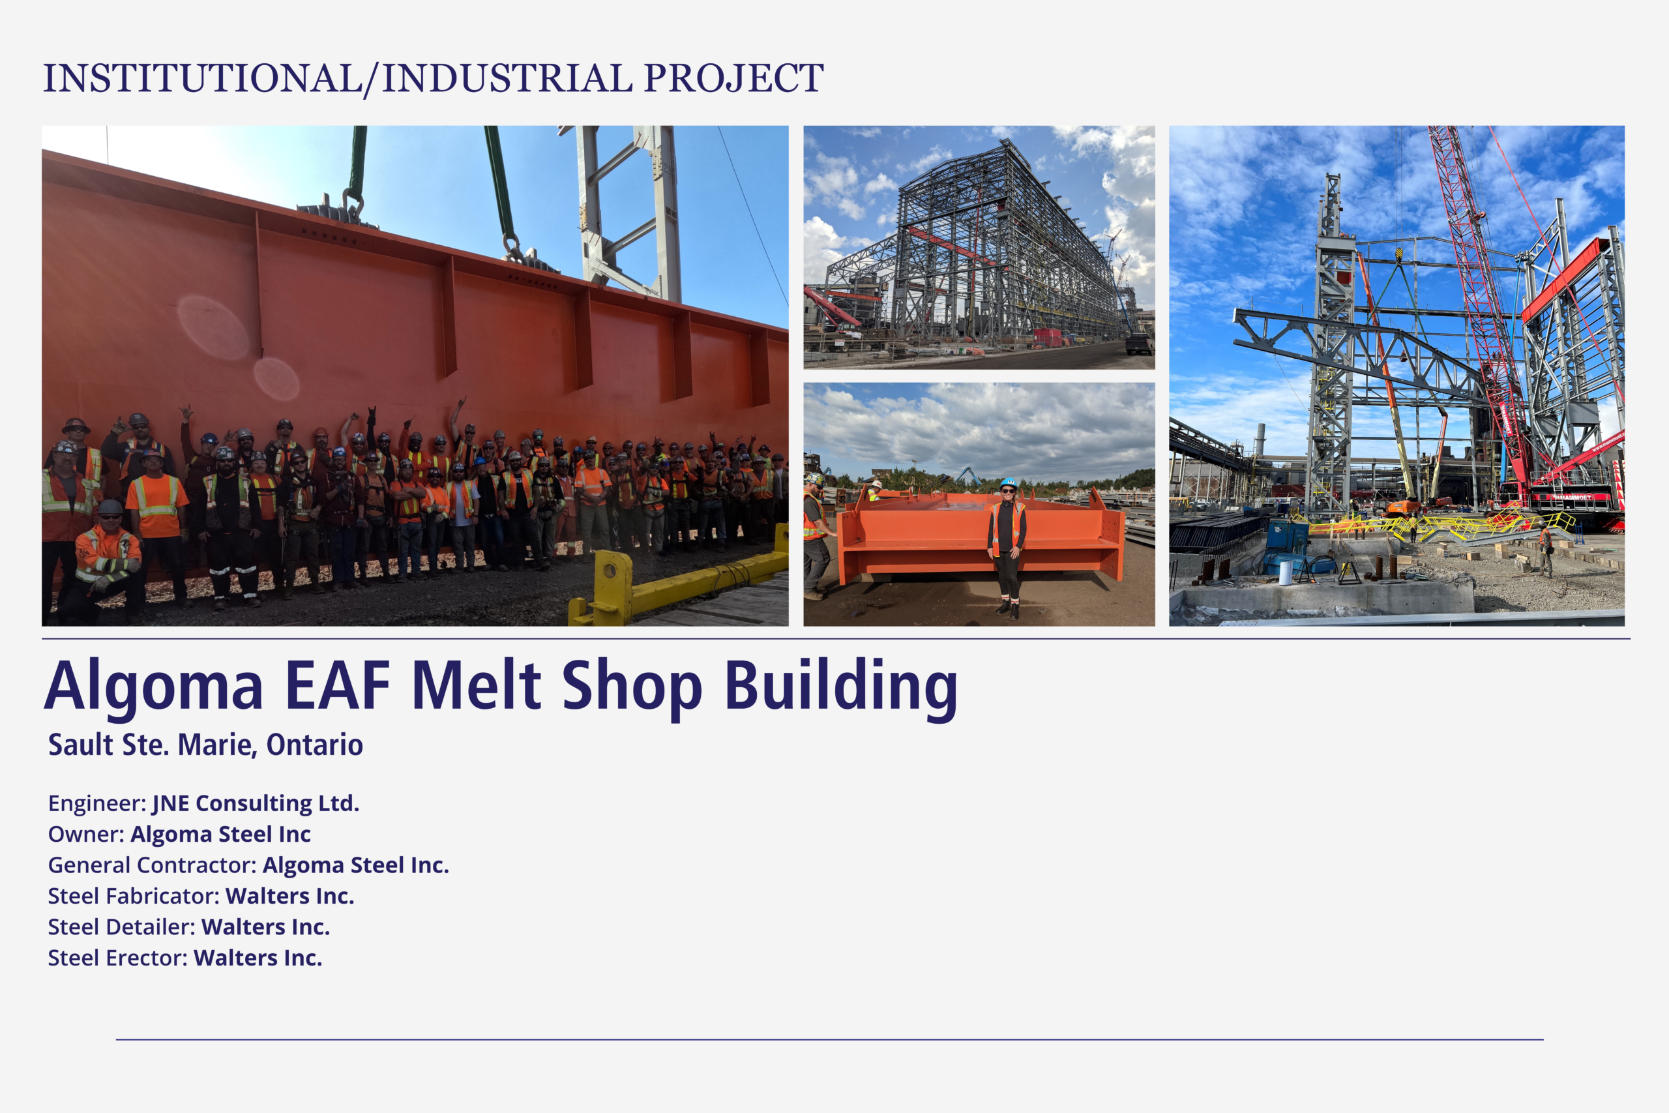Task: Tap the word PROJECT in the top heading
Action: pyautogui.click(x=733, y=78)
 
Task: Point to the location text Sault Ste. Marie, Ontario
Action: pyautogui.click(x=206, y=745)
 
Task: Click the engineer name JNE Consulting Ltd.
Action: pyautogui.click(x=256, y=803)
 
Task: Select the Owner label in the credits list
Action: pyautogui.click(x=86, y=834)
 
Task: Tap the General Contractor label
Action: pyautogui.click(x=152, y=865)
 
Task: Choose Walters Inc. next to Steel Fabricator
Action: pyautogui.click(x=289, y=896)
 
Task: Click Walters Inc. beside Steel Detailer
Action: pyautogui.click(x=265, y=927)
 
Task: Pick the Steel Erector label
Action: pyautogui.click(x=118, y=958)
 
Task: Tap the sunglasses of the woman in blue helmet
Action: pyautogui.click(x=1009, y=490)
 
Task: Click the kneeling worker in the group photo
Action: pyautogui.click(x=106, y=561)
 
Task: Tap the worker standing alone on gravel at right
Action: pyautogui.click(x=1546, y=550)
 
